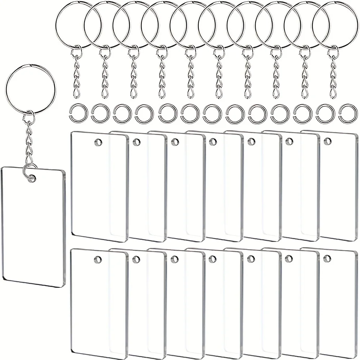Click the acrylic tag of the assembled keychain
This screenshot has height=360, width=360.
[x=32, y=230]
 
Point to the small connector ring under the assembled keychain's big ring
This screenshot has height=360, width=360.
[x=29, y=117]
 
